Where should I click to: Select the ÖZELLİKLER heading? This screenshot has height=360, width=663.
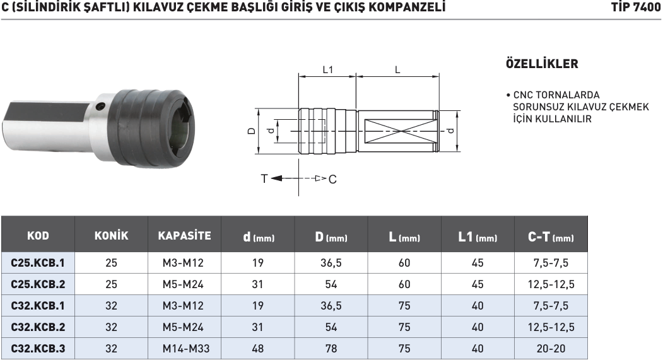(x=542, y=64)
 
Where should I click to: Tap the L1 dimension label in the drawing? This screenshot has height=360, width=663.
(x=327, y=70)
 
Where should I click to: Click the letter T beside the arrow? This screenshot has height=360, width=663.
(x=264, y=178)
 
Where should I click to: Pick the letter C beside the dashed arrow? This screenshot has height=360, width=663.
(x=332, y=179)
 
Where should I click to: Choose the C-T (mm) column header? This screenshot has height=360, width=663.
(x=551, y=237)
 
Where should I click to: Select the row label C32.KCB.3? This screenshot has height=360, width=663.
(x=38, y=348)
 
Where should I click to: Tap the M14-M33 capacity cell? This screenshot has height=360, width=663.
(x=184, y=348)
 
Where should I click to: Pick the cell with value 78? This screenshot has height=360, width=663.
(x=331, y=348)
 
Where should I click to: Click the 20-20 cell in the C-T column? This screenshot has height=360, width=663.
(x=551, y=348)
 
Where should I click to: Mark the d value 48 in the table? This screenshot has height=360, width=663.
(x=257, y=348)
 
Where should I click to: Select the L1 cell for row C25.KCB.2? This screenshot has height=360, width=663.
(x=478, y=284)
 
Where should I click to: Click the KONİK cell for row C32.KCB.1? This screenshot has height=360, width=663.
(x=111, y=306)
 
